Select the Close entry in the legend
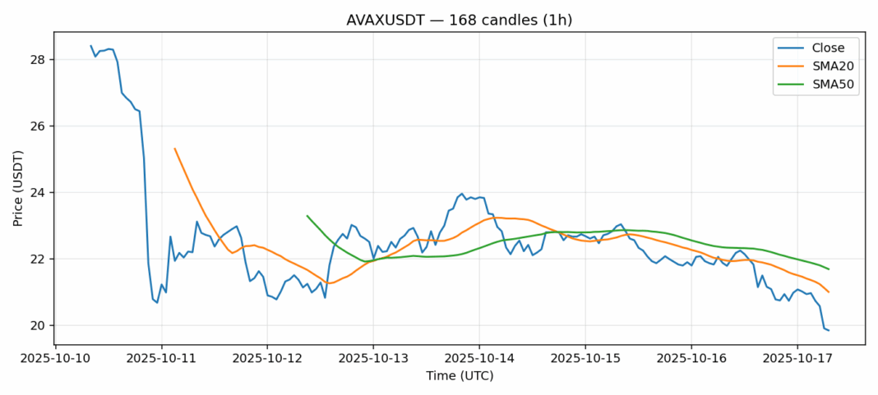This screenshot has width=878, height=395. click(829, 48)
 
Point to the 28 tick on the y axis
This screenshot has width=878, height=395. click(39, 60)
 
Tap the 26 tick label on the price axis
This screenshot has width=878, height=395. click(39, 126)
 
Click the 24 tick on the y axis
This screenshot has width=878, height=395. click(39, 193)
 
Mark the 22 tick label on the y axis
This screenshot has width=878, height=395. click(39, 260)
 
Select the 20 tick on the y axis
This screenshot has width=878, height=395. click(39, 326)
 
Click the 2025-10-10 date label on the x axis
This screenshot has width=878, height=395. click(55, 359)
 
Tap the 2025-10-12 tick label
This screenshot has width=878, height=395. click(267, 359)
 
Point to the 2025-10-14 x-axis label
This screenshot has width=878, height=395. click(479, 359)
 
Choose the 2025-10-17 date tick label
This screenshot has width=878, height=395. click(797, 359)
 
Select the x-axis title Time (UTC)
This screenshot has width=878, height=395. click(460, 376)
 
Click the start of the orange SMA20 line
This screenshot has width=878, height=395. click(174, 149)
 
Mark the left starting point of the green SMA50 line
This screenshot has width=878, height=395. click(307, 216)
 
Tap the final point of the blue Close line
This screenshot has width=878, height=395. click(829, 330)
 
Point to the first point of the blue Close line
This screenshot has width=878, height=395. click(90, 46)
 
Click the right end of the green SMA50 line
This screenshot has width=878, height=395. click(829, 269)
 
